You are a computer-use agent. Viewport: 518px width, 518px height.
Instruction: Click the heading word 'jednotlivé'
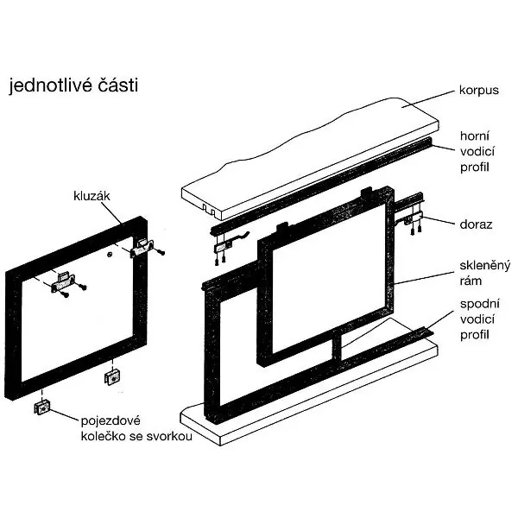52,85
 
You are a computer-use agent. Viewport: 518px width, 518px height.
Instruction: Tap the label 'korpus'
478,91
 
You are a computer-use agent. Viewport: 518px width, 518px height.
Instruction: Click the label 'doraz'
476,224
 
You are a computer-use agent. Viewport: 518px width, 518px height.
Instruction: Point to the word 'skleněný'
484,266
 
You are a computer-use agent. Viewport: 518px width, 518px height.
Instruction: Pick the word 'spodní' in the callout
480,305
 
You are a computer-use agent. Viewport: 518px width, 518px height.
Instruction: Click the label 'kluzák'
92,196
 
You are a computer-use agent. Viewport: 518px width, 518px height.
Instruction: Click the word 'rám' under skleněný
471,281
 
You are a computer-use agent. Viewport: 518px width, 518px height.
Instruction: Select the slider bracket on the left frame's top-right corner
142,247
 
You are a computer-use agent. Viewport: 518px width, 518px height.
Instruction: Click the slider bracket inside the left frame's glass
63,282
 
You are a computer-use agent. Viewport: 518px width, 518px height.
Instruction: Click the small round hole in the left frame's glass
110,254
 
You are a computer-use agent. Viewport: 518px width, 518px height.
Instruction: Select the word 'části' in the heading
118,85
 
